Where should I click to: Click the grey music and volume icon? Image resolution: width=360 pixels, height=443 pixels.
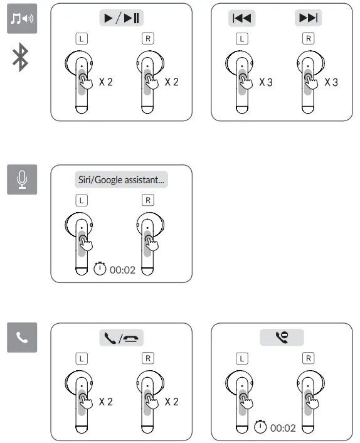click(21, 21)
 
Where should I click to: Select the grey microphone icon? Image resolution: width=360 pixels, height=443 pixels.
click(21, 179)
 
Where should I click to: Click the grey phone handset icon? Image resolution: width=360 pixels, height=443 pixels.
click(21, 338)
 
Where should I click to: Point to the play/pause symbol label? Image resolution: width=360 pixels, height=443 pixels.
click(121, 18)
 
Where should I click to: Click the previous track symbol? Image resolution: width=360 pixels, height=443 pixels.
click(241, 18)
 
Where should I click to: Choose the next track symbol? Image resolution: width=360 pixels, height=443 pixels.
click(309, 18)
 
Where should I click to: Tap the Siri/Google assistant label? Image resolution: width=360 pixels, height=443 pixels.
click(121, 179)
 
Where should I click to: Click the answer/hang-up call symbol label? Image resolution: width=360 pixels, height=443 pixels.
click(121, 338)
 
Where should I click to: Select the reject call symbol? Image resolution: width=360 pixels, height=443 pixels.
click(282, 338)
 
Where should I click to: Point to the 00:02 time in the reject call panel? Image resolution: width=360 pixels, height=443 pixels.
click(282, 428)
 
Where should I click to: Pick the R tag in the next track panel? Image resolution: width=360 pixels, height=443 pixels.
click(308, 38)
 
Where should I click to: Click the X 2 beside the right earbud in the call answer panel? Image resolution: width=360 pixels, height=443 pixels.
click(171, 402)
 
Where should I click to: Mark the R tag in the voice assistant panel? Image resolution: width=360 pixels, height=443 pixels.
click(147, 200)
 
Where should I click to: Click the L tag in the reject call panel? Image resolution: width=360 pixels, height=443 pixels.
click(241, 358)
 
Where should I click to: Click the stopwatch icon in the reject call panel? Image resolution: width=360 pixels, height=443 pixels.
click(260, 427)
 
